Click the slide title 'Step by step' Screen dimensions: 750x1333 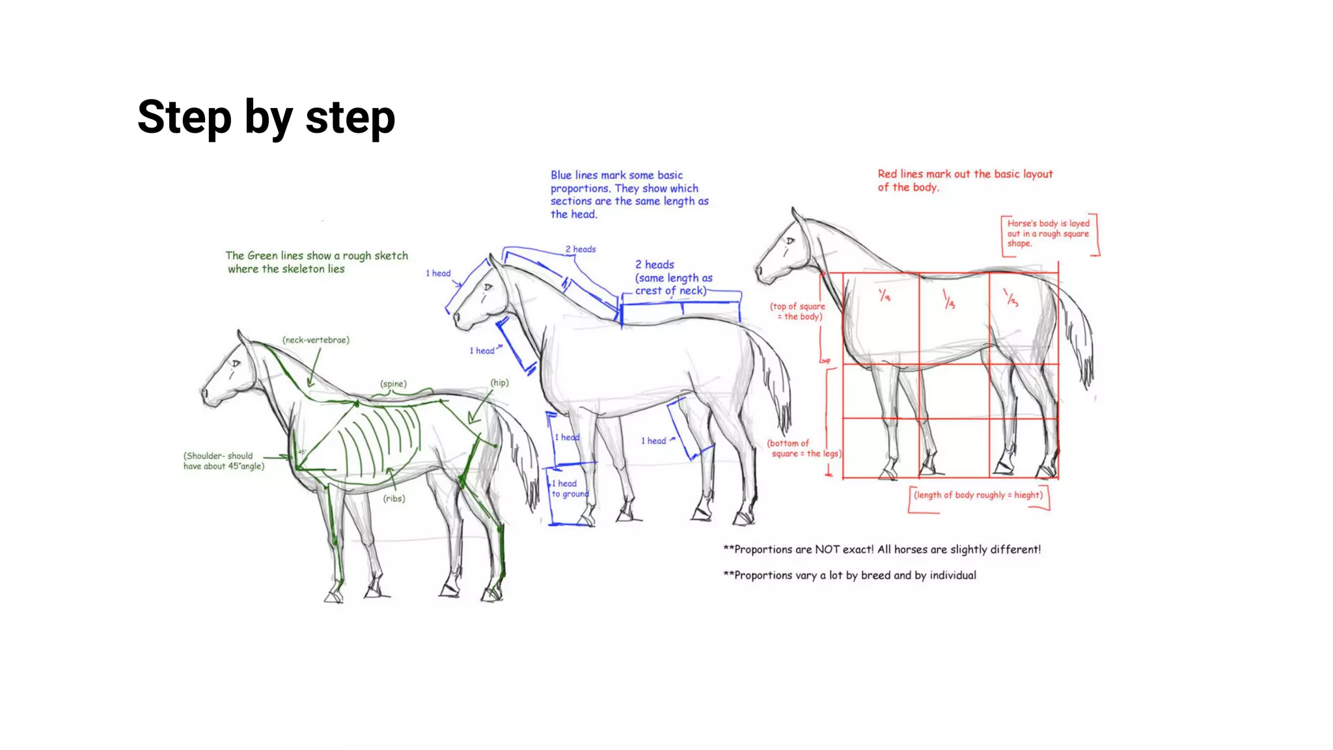[x=266, y=117]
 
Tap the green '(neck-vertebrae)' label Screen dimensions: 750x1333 [x=316, y=340]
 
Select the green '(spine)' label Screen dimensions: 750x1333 [x=393, y=383]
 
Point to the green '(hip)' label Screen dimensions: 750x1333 [x=499, y=382]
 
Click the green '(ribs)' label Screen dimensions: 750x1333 [x=394, y=498]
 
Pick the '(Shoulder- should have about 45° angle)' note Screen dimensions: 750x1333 [x=223, y=461]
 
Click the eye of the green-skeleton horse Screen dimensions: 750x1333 [x=236, y=363]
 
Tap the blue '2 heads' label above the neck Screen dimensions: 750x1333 [x=580, y=249]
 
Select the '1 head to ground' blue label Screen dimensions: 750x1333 [x=568, y=488]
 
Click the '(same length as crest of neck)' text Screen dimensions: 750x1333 [x=673, y=285]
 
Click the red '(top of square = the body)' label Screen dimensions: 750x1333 [x=797, y=311]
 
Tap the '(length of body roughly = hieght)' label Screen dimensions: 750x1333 [x=978, y=495]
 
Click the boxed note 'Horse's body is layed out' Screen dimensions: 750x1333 [x=1047, y=233]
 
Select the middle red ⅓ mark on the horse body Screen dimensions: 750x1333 [x=949, y=300]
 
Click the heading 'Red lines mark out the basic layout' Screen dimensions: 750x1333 [x=964, y=174]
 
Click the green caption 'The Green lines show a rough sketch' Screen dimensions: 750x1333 [x=316, y=256]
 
